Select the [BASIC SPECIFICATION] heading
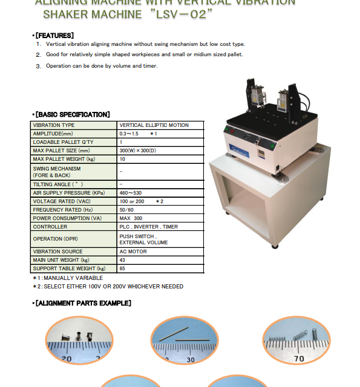coord(73,114)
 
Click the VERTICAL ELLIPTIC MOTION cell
coord(154,125)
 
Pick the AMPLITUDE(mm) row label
coord(53,134)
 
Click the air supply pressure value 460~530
coord(131,193)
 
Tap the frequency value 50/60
coord(127,210)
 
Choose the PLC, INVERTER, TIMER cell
coord(148,227)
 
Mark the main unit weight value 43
coord(123,260)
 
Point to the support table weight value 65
coord(123,268)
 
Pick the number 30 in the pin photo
coord(191,360)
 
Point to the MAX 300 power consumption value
coord(131,218)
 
